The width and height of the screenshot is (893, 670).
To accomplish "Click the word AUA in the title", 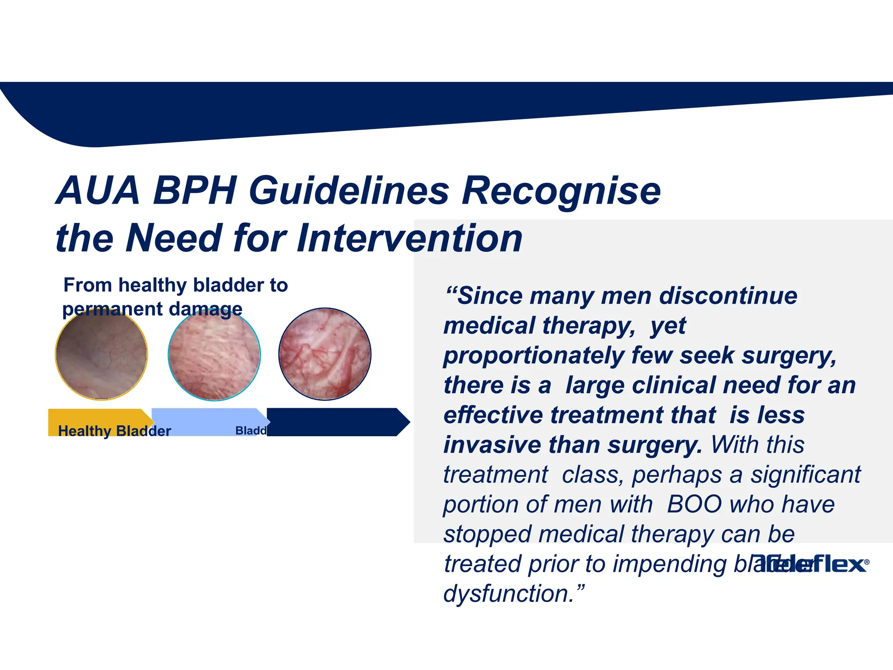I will (99, 191).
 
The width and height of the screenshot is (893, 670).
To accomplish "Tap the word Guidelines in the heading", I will (349, 191).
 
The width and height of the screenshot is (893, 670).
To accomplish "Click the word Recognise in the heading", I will (561, 191).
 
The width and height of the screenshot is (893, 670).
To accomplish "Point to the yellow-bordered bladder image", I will (101, 354).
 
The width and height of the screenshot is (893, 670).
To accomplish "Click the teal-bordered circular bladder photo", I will (214, 354).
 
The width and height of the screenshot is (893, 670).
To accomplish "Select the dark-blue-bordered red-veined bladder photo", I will (325, 354).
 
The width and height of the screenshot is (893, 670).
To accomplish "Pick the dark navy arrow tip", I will (401, 422).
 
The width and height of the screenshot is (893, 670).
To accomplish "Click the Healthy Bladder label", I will (114, 431).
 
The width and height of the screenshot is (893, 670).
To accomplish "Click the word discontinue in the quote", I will (728, 296).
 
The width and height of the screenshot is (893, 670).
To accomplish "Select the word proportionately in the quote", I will (534, 355).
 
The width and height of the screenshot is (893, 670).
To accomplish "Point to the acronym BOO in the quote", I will (694, 504).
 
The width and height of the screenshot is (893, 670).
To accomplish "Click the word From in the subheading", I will (88, 285).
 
